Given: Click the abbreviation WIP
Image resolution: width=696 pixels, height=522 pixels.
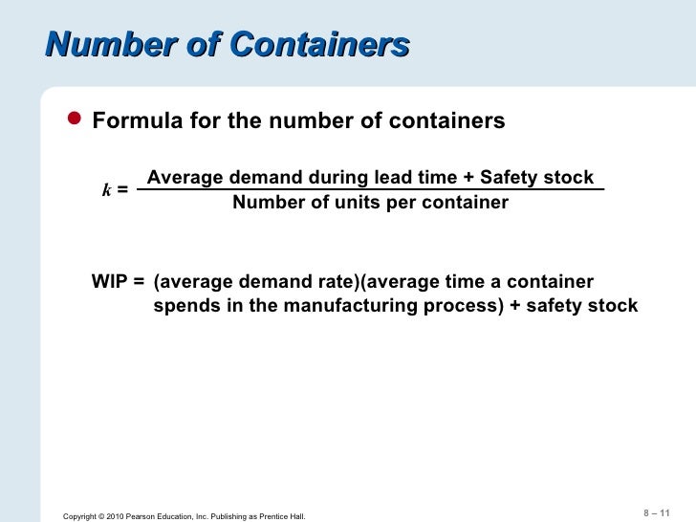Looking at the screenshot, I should [x=111, y=283].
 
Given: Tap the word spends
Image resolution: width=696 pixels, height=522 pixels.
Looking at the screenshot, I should [x=185, y=307].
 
